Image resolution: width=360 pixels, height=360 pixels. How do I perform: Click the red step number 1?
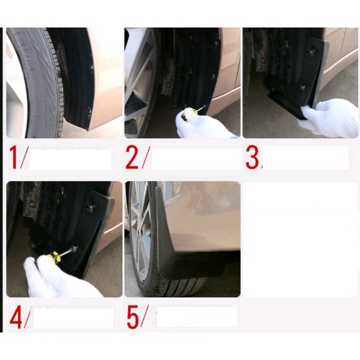tap(14, 159)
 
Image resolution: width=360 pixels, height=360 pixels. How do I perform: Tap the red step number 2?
tap(132, 159)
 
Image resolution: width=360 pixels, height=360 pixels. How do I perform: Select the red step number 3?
tap(251, 159)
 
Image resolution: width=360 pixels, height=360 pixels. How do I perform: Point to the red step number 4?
tap(16, 317)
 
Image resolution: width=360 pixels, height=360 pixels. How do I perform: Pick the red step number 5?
tap(133, 317)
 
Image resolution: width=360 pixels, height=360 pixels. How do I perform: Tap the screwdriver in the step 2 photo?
tap(190, 112)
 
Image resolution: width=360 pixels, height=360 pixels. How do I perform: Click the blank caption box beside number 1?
tap(70, 159)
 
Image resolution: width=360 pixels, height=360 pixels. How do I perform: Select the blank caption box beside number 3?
tap(306, 157)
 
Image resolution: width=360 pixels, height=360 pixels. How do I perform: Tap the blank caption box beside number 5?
tap(196, 317)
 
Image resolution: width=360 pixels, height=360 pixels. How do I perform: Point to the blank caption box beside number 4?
tap(72, 317)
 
